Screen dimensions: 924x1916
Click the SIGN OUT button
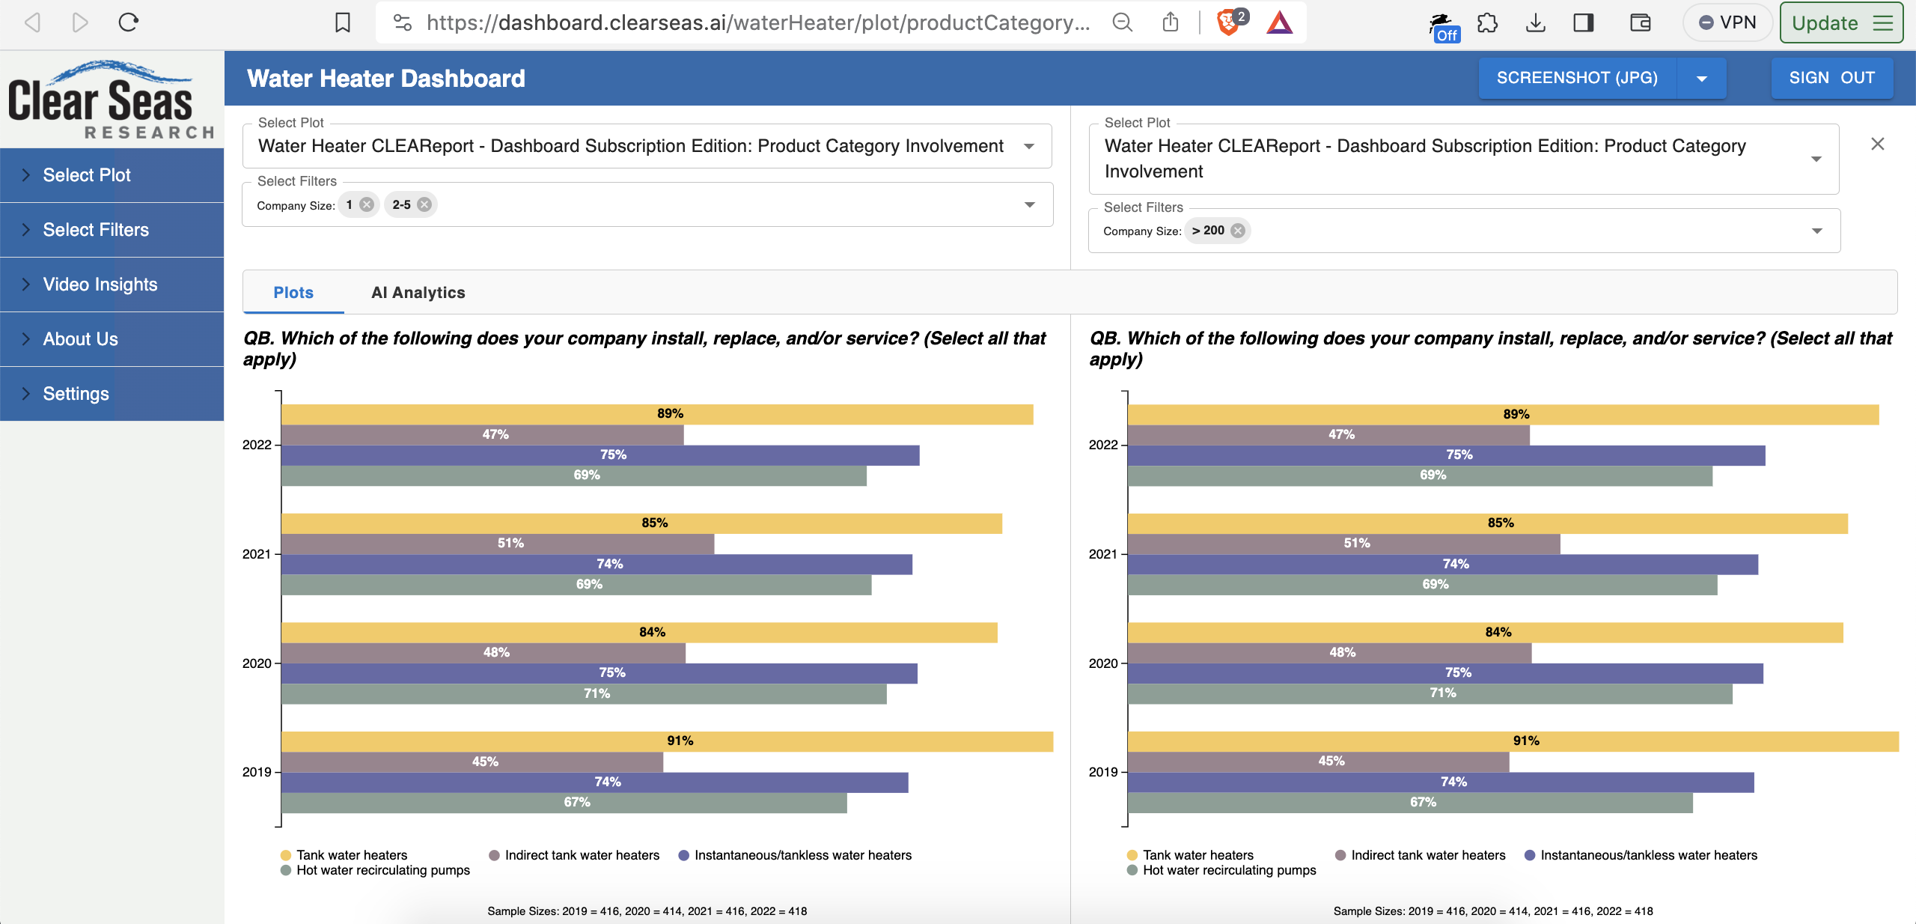[x=1831, y=78]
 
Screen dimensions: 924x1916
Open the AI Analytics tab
[x=418, y=293]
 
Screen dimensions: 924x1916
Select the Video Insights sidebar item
[x=100, y=285]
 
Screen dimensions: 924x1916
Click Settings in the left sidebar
[x=76, y=394]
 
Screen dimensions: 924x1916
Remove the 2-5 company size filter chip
[x=424, y=204]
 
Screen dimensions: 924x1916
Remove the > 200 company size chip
[x=1238, y=231]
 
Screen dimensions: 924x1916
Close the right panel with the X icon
[x=1877, y=144]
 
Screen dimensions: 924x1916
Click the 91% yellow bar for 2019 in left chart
[x=666, y=741]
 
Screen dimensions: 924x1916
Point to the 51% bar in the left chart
[x=497, y=544]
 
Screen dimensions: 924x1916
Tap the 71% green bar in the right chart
[x=1430, y=693]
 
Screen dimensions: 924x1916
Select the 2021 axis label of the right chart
[x=1102, y=554]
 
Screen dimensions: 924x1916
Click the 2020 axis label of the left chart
[x=256, y=663]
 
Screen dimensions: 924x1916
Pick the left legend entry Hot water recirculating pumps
[x=382, y=870]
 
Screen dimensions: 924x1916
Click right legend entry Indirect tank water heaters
[x=1427, y=855]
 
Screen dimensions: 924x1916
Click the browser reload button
[x=129, y=22]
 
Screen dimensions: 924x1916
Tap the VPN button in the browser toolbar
[x=1727, y=22]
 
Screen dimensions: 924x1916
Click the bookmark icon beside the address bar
[x=343, y=22]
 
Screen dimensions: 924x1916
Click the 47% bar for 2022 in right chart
[x=1328, y=435]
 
